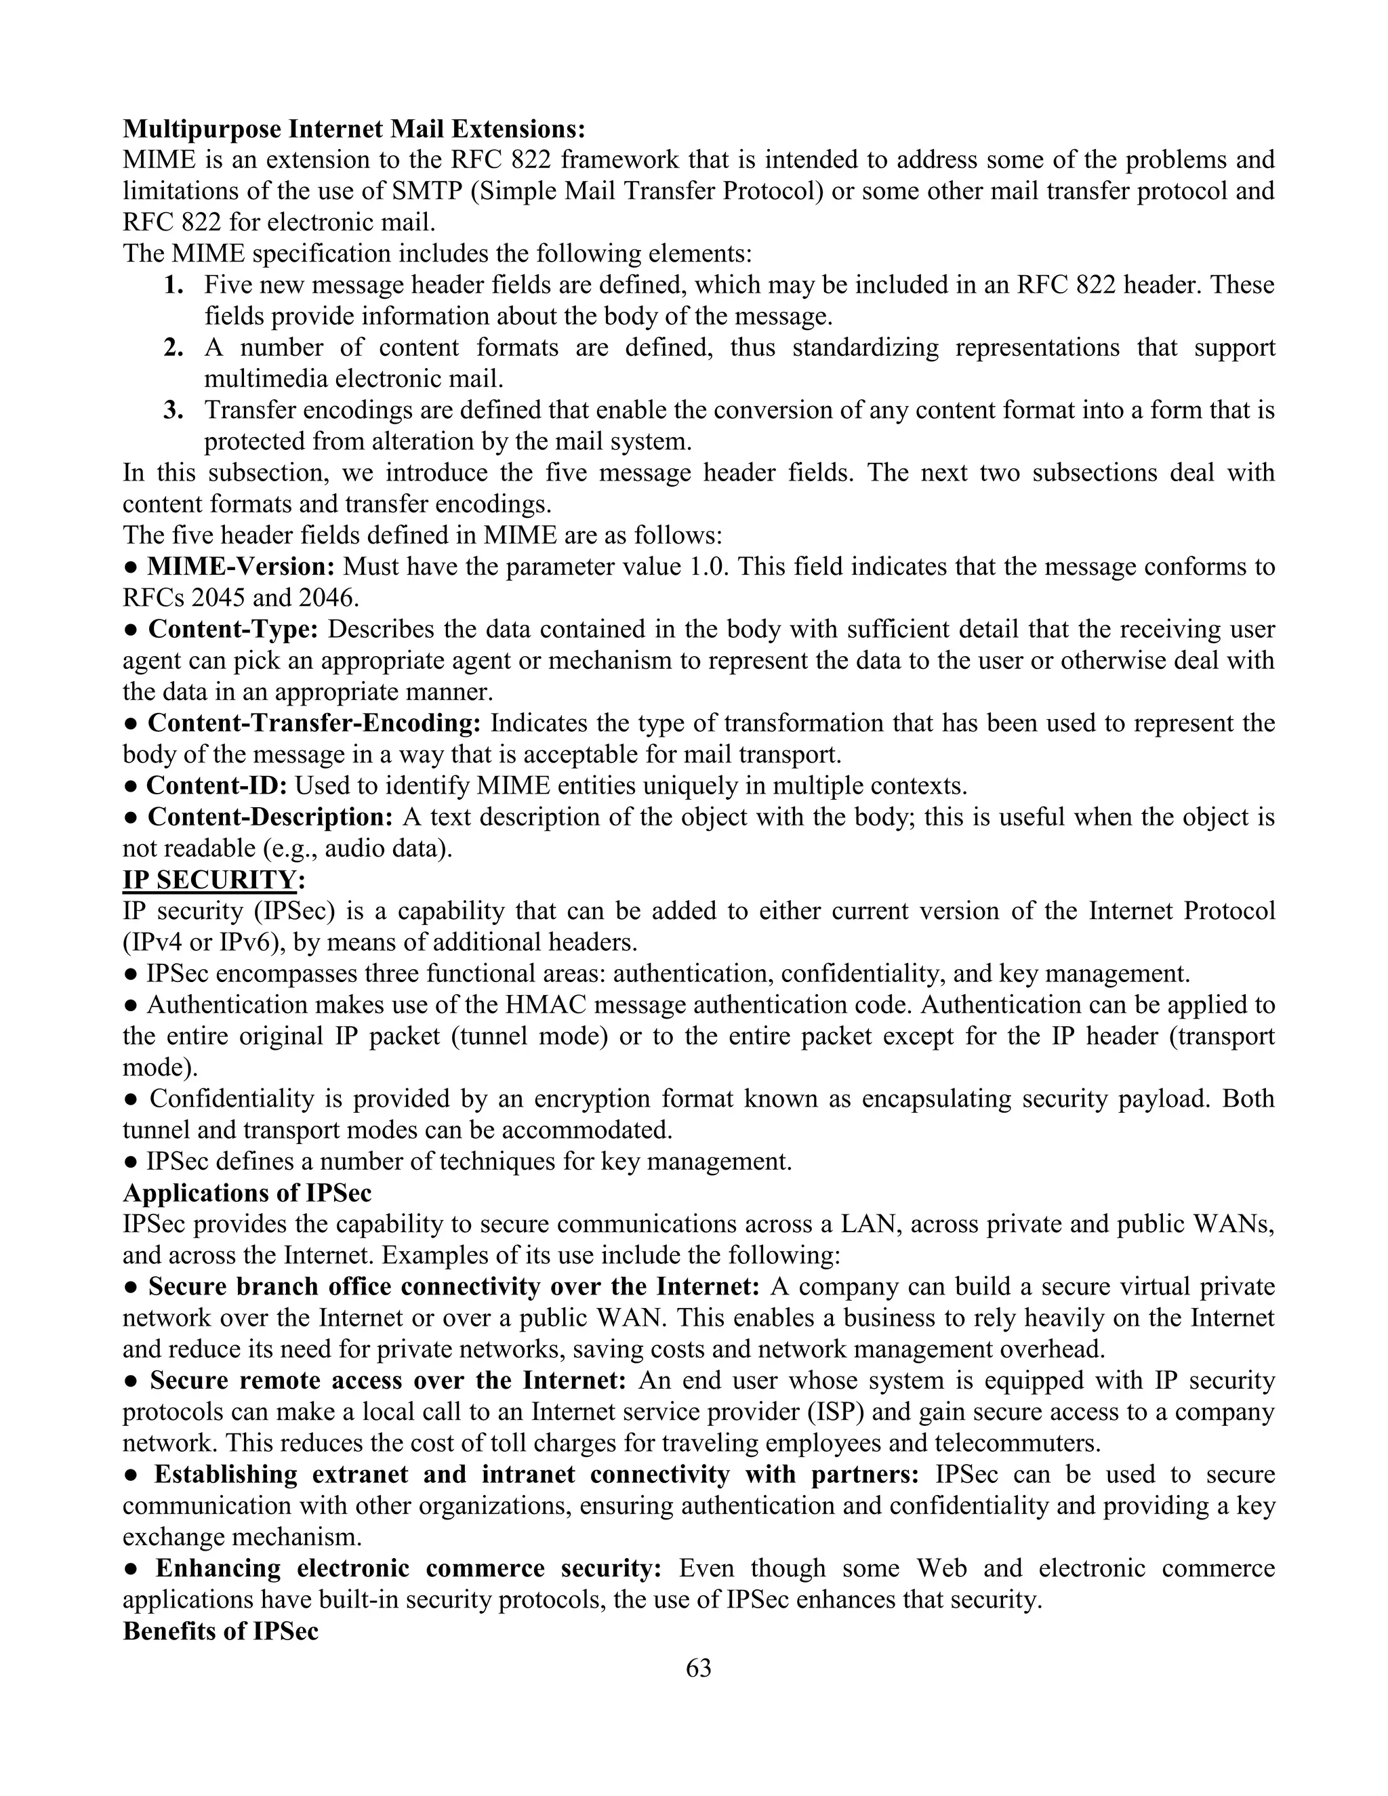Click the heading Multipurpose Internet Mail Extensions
[354, 129]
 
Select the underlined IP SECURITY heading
[209, 880]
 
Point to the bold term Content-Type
[232, 629]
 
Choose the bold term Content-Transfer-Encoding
[314, 724]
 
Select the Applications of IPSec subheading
[247, 1193]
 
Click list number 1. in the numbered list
[173, 285]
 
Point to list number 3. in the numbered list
[173, 410]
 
